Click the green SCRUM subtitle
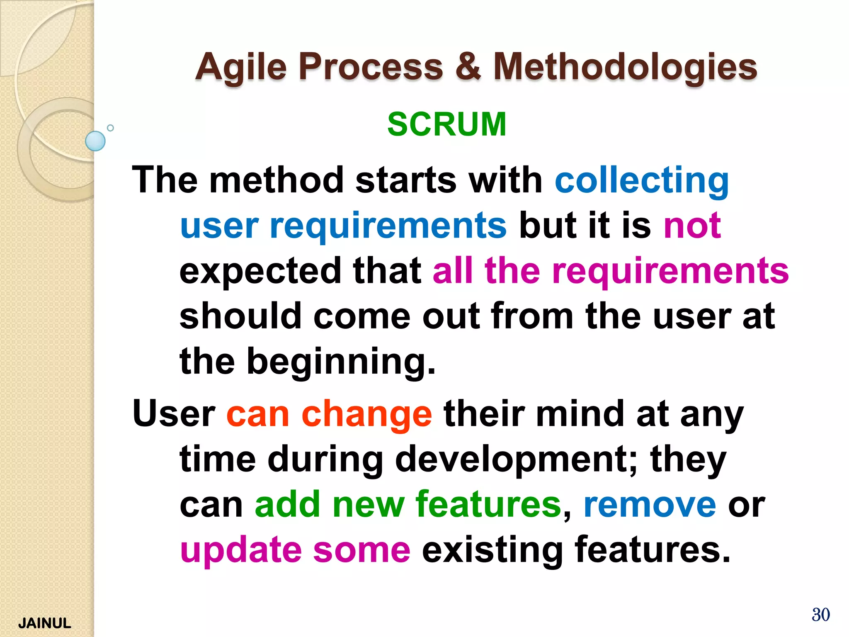tap(446, 124)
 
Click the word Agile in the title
tap(241, 67)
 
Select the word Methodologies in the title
tap(625, 67)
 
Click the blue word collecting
tap(642, 180)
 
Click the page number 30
tap(820, 615)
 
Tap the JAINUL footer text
tap(45, 623)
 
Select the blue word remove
tap(650, 505)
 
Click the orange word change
tap(366, 415)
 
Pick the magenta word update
tap(241, 550)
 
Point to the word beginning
tap(341, 361)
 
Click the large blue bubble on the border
tap(95, 141)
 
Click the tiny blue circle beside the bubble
tap(110, 128)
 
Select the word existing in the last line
tap(492, 550)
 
